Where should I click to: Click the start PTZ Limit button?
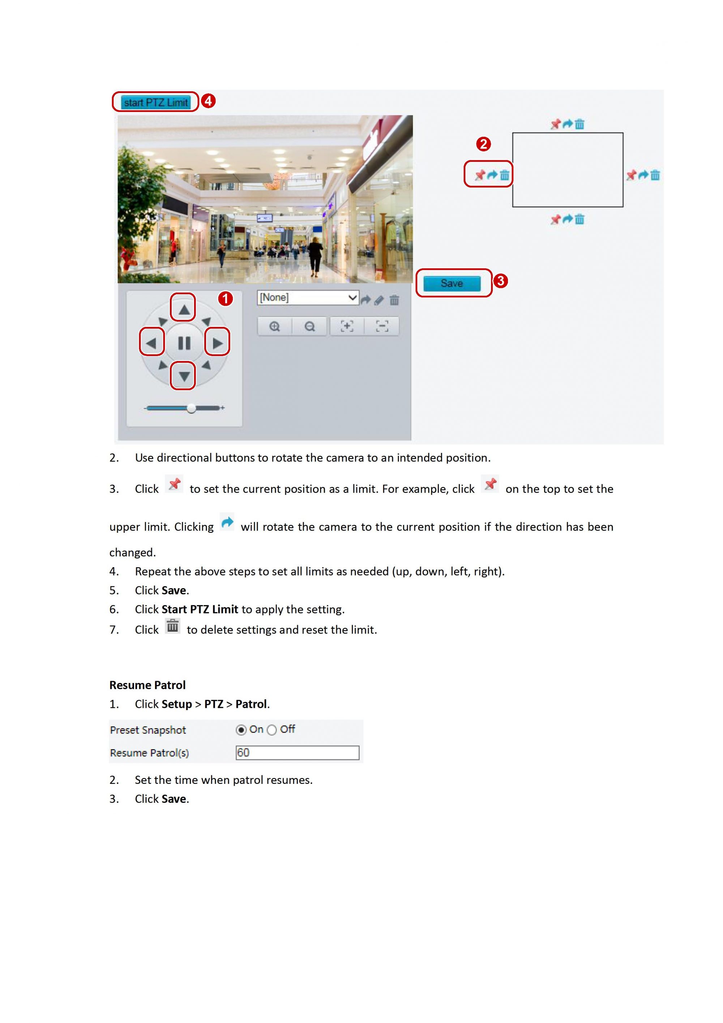[155, 102]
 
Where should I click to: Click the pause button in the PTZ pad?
[184, 343]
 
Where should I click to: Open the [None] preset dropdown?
[308, 298]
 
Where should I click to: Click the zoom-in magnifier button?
[275, 327]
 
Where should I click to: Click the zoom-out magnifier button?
[309, 327]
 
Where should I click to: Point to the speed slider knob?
[191, 408]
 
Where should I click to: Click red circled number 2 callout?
[483, 144]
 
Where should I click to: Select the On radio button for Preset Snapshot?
[241, 730]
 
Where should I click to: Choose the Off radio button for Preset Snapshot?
[271, 730]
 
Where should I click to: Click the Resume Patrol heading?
[147, 685]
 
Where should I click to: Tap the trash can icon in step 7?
[172, 627]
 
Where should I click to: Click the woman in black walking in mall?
[316, 256]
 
